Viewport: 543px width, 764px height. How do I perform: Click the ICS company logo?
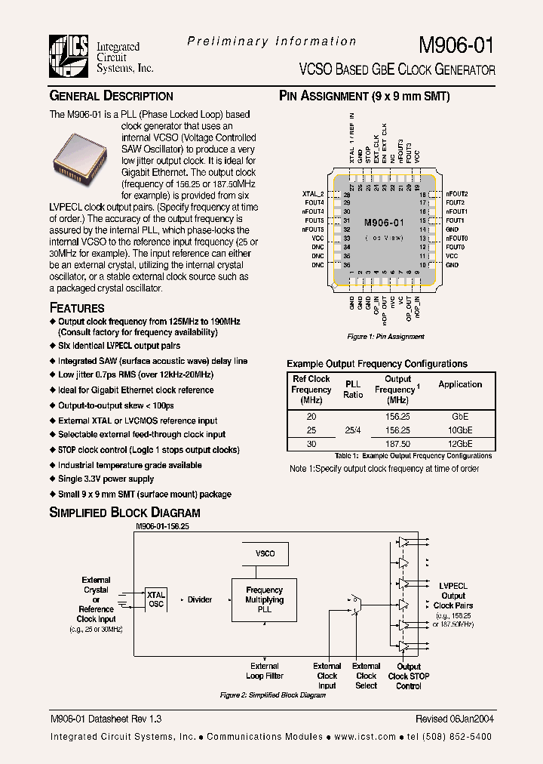tap(69, 57)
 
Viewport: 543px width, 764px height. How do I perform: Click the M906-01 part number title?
tap(456, 45)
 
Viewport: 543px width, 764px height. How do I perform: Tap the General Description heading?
tap(111, 96)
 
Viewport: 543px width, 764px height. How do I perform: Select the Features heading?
tap(77, 308)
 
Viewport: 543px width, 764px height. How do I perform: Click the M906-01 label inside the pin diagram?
tap(385, 223)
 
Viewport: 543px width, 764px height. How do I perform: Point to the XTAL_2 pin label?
tap(312, 194)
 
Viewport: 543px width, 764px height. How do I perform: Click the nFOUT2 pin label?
tap(457, 194)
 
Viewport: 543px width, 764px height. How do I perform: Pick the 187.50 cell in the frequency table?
tap(397, 444)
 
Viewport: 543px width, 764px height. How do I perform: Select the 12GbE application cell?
tap(460, 444)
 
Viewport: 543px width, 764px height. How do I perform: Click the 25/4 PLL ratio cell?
tap(352, 430)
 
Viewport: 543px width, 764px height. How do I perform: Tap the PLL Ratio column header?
tap(352, 390)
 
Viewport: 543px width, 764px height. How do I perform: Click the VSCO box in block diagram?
tap(265, 553)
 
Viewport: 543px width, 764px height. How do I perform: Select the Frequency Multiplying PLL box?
tap(265, 599)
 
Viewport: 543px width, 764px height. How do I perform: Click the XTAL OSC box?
tap(156, 599)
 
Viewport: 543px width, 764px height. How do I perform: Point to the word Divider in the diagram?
tap(200, 599)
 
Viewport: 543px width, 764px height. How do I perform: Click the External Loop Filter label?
tap(265, 671)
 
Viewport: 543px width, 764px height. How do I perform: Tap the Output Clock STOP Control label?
tap(409, 676)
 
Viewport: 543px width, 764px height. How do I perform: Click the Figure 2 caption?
tap(272, 695)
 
